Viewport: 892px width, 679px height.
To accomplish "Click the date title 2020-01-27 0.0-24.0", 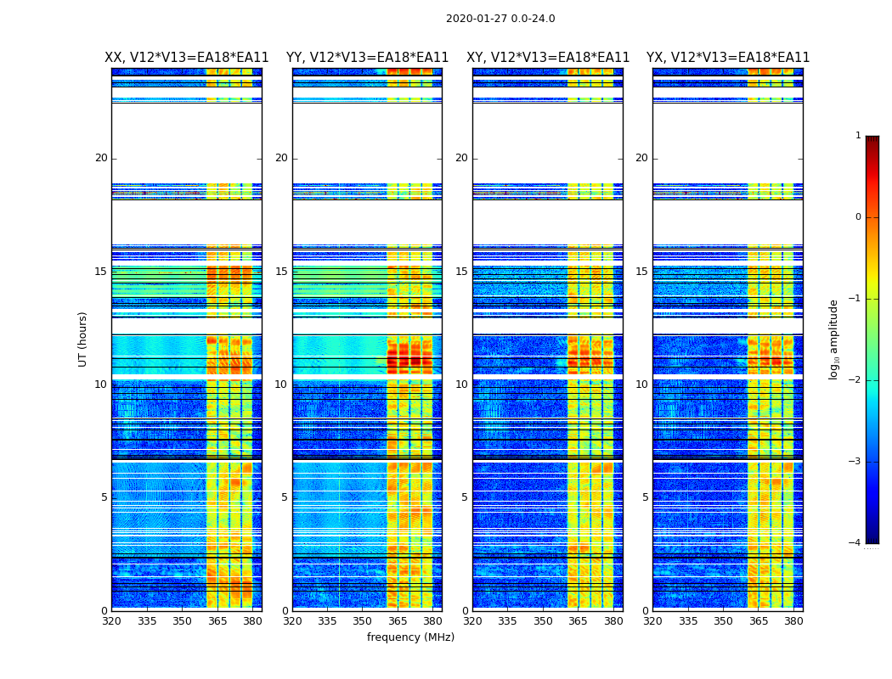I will point(500,19).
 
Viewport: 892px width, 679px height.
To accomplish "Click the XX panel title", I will point(187,58).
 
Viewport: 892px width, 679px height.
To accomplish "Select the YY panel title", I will point(367,58).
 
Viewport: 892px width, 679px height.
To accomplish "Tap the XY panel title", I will point(548,58).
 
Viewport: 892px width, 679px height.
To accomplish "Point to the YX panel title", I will point(728,58).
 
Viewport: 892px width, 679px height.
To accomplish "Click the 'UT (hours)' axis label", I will point(83,339).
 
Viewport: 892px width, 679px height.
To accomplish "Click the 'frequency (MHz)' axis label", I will point(410,637).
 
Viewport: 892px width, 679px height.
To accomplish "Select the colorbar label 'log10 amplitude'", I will point(834,339).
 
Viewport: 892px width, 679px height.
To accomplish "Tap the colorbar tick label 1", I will point(858,136).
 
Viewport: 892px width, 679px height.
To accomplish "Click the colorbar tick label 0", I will point(858,217).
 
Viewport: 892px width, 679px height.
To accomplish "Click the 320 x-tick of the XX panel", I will point(112,621).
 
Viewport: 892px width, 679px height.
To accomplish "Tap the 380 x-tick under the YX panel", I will point(793,621).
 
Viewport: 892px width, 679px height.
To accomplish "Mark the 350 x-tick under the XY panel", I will point(543,621).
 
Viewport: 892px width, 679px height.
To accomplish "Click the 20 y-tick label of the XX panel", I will point(101,158).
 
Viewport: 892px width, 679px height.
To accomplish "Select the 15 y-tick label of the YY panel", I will point(281,272).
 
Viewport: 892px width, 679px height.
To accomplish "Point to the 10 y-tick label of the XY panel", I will point(461,384).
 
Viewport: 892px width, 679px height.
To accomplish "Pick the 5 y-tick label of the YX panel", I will point(645,497).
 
